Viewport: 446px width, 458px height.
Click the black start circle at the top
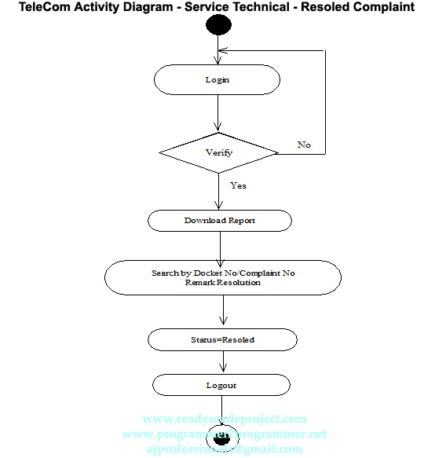click(x=218, y=26)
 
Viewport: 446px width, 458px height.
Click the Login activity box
click(x=217, y=80)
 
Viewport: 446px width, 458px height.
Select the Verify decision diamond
click(x=218, y=152)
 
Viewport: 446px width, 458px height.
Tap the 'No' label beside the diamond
click(x=304, y=145)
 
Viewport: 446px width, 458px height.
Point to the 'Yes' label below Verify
click(x=238, y=185)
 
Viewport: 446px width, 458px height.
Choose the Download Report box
click(x=220, y=220)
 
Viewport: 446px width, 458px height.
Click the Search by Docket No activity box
click(x=223, y=277)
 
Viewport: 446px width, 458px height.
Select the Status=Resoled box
click(x=222, y=339)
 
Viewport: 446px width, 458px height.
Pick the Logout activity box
click(x=221, y=385)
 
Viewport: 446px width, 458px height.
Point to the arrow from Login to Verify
click(x=218, y=114)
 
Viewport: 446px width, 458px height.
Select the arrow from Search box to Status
click(x=223, y=312)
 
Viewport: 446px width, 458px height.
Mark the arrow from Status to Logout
click(x=223, y=362)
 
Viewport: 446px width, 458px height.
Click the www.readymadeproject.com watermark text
click(x=225, y=419)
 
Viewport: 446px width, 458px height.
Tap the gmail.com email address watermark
click(x=224, y=449)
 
